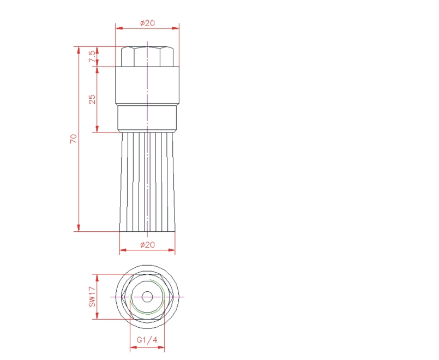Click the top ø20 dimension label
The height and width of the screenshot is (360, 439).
coord(147,23)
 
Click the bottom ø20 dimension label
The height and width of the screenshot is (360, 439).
coord(147,245)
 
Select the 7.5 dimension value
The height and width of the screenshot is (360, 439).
coord(92,57)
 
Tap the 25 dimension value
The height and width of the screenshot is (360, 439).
coord(92,99)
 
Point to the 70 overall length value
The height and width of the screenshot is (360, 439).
coord(74,139)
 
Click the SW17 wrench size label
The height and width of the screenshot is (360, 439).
coord(92,296)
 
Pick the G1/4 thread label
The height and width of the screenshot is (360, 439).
coord(147,340)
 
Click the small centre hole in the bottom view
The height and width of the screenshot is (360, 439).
coord(147,297)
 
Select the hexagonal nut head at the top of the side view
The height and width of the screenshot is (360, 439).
coord(147,57)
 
